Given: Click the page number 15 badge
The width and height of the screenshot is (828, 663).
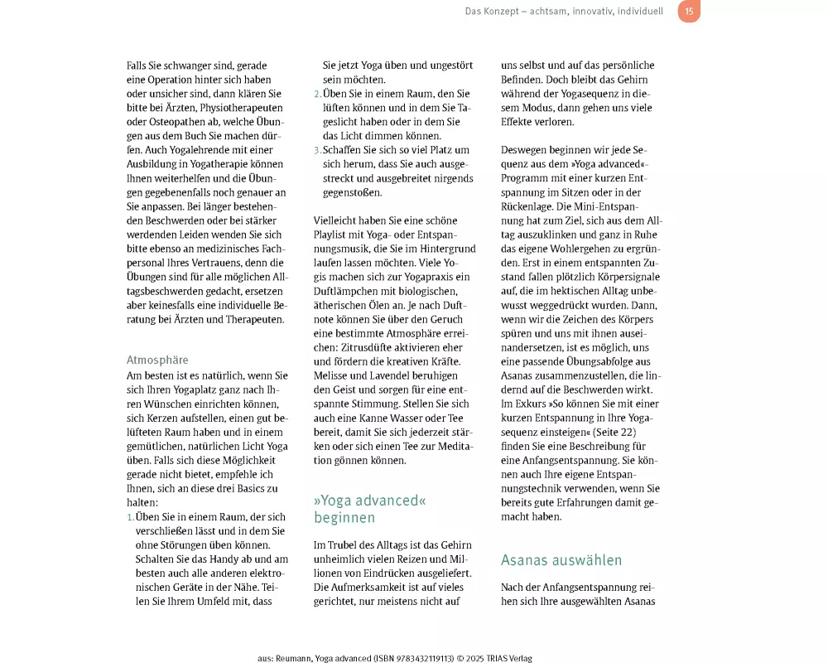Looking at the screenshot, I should click(689, 11).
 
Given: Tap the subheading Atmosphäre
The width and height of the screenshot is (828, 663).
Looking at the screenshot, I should click(157, 360).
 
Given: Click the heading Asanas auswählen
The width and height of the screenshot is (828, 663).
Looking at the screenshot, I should click(561, 560).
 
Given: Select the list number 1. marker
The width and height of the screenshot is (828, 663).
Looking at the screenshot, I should click(130, 517).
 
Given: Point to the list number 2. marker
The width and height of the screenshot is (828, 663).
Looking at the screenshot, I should click(317, 94).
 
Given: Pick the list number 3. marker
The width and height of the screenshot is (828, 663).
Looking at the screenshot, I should click(317, 150).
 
